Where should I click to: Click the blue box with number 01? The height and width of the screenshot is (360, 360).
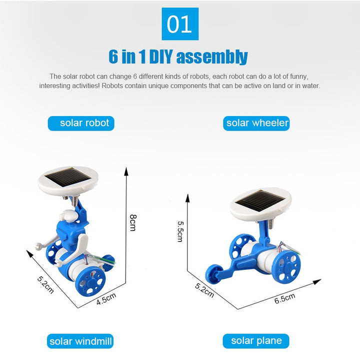(180, 24)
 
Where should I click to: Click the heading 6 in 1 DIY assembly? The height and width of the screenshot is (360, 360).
(178, 56)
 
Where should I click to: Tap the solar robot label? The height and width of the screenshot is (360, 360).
(81, 123)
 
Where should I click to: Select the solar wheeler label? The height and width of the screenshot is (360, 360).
(256, 123)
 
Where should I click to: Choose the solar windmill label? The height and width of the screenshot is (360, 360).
(80, 341)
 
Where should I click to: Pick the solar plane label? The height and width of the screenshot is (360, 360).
(256, 341)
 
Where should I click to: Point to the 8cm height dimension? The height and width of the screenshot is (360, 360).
(133, 222)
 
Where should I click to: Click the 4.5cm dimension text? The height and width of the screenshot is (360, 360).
(106, 299)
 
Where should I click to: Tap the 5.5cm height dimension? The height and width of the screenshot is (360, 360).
(180, 231)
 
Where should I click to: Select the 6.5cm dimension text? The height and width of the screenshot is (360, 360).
(284, 298)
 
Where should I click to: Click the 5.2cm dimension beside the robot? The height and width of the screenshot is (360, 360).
(45, 284)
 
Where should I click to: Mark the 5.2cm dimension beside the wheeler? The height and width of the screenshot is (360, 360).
(204, 290)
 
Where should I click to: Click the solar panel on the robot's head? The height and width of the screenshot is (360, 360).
(68, 177)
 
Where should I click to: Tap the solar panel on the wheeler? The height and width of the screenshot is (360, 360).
(260, 201)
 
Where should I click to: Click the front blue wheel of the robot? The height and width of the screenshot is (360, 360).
(90, 281)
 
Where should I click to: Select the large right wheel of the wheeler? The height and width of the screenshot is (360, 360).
(286, 266)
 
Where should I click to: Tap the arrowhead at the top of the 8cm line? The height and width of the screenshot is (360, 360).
(126, 171)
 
